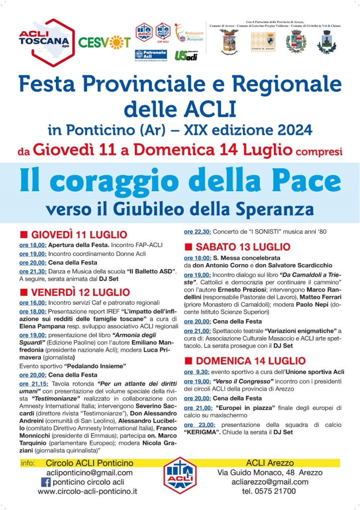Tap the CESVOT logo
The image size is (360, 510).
click(104, 42)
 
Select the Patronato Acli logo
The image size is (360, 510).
click(147, 55)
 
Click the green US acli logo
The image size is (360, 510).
click(186, 56)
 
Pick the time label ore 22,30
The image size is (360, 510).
click(198, 232)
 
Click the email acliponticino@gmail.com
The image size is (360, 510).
click(89, 473)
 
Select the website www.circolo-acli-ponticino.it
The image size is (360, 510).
click(87, 492)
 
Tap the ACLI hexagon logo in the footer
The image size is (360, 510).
click(181, 475)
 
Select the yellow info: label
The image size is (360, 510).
click(28, 463)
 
